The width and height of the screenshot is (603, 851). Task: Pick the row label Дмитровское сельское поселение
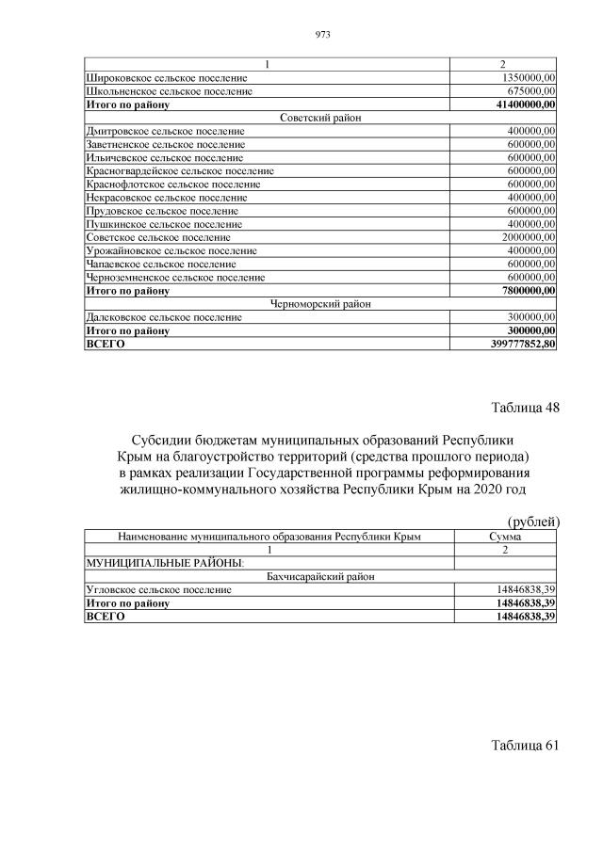[x=165, y=131]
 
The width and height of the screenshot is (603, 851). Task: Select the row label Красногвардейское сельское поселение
[x=179, y=171]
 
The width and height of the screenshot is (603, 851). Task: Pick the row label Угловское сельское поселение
[x=158, y=589]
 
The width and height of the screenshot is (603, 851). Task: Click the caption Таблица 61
[x=525, y=746]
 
